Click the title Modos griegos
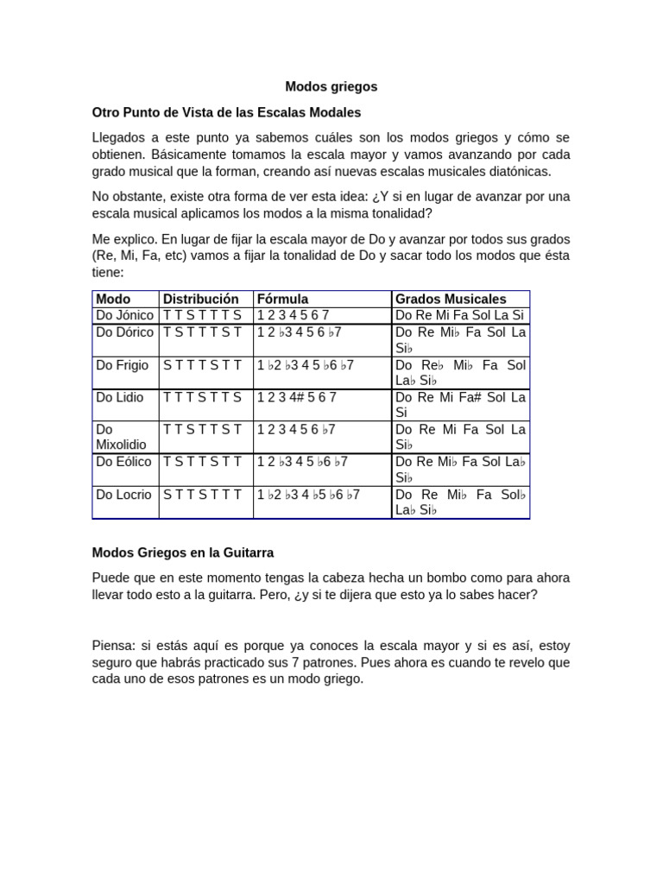(x=331, y=87)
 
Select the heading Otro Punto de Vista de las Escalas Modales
(x=226, y=112)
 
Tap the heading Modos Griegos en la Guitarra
(x=182, y=552)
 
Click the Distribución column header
(x=200, y=299)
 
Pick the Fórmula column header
(x=282, y=299)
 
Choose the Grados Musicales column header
(x=450, y=299)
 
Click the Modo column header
(x=113, y=299)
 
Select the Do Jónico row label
(x=124, y=315)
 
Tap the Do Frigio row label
(x=122, y=365)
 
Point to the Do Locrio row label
(x=123, y=495)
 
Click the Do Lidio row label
(x=120, y=397)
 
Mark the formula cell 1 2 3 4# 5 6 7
(x=296, y=397)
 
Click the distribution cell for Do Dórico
(x=202, y=332)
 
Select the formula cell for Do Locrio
(x=308, y=495)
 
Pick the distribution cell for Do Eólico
(x=202, y=462)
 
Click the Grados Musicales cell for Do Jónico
(x=460, y=315)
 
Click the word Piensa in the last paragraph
(x=113, y=646)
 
